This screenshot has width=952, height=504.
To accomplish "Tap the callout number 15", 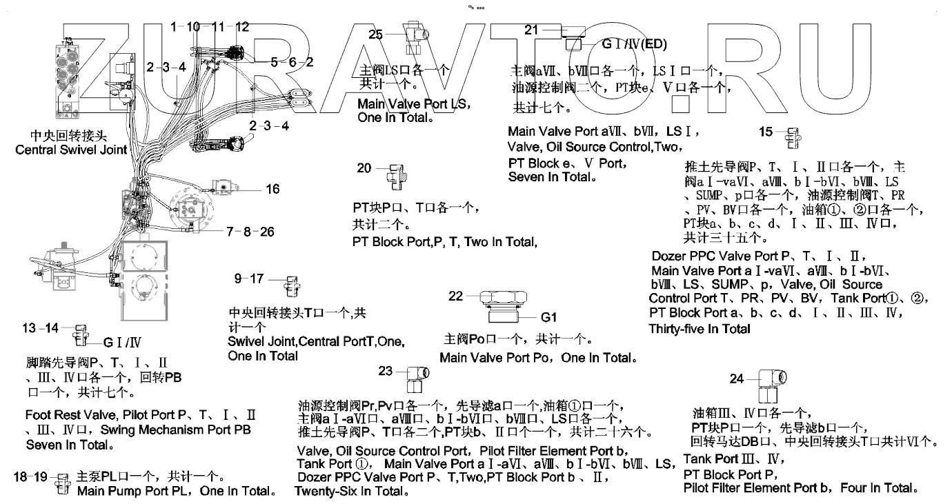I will [x=766, y=132].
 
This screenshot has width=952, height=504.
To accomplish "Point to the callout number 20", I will [x=364, y=168].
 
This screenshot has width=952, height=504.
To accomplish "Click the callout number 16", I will [x=272, y=188].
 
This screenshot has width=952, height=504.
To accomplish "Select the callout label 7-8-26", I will [x=250, y=232].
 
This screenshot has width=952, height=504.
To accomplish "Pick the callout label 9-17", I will [x=249, y=279].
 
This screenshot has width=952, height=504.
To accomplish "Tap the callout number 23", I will [x=386, y=371].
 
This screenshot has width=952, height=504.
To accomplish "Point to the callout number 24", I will [x=737, y=379].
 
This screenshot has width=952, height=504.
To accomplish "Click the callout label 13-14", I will [x=40, y=328].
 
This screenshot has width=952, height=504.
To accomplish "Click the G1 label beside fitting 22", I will [x=549, y=318].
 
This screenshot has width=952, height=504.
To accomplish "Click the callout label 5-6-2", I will [x=292, y=62].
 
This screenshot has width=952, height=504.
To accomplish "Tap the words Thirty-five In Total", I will [x=700, y=329].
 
